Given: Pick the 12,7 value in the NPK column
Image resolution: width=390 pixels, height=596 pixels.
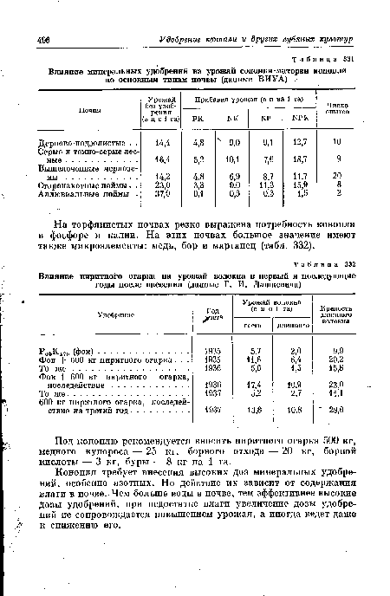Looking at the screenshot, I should click(x=301, y=141).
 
